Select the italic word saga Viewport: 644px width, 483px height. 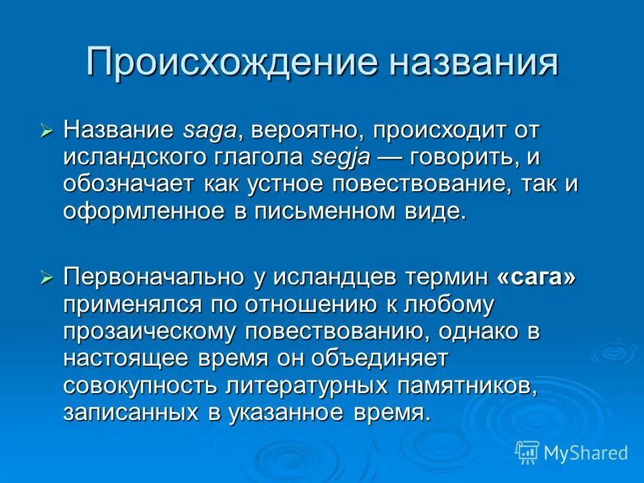208,130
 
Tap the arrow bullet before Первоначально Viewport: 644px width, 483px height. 46,278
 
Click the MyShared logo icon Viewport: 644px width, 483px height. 527,452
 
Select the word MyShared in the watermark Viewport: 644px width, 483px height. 586,453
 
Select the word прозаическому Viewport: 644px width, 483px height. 150,331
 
